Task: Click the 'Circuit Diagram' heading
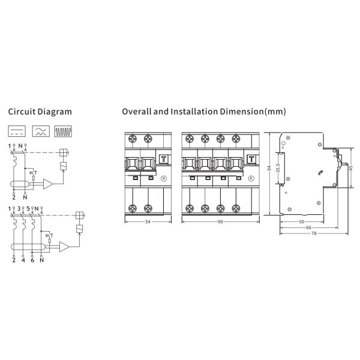click(x=40, y=112)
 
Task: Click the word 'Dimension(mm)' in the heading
click(x=253, y=112)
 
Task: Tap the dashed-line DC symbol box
click(x=17, y=131)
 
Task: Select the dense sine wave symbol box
click(x=63, y=131)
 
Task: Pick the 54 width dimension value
click(x=148, y=222)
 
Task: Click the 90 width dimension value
click(x=220, y=222)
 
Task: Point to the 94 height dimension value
click(x=269, y=168)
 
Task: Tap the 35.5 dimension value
click(x=278, y=168)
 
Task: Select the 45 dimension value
click(x=351, y=168)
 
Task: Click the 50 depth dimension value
click(x=302, y=222)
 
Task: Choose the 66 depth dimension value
click(x=308, y=227)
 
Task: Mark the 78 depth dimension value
click(x=314, y=233)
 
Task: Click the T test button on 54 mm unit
click(x=164, y=159)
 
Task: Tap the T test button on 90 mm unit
click(x=251, y=159)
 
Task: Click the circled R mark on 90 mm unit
click(x=251, y=178)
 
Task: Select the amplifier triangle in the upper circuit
click(x=48, y=184)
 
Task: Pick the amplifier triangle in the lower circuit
click(x=64, y=247)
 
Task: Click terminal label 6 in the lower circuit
click(x=32, y=260)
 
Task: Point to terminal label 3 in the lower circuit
click(x=19, y=209)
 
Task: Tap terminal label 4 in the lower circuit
click(x=23, y=260)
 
